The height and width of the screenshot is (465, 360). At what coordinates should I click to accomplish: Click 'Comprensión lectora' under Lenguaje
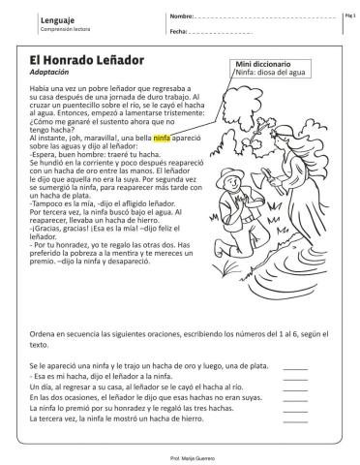pyautogui.click(x=43, y=29)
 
